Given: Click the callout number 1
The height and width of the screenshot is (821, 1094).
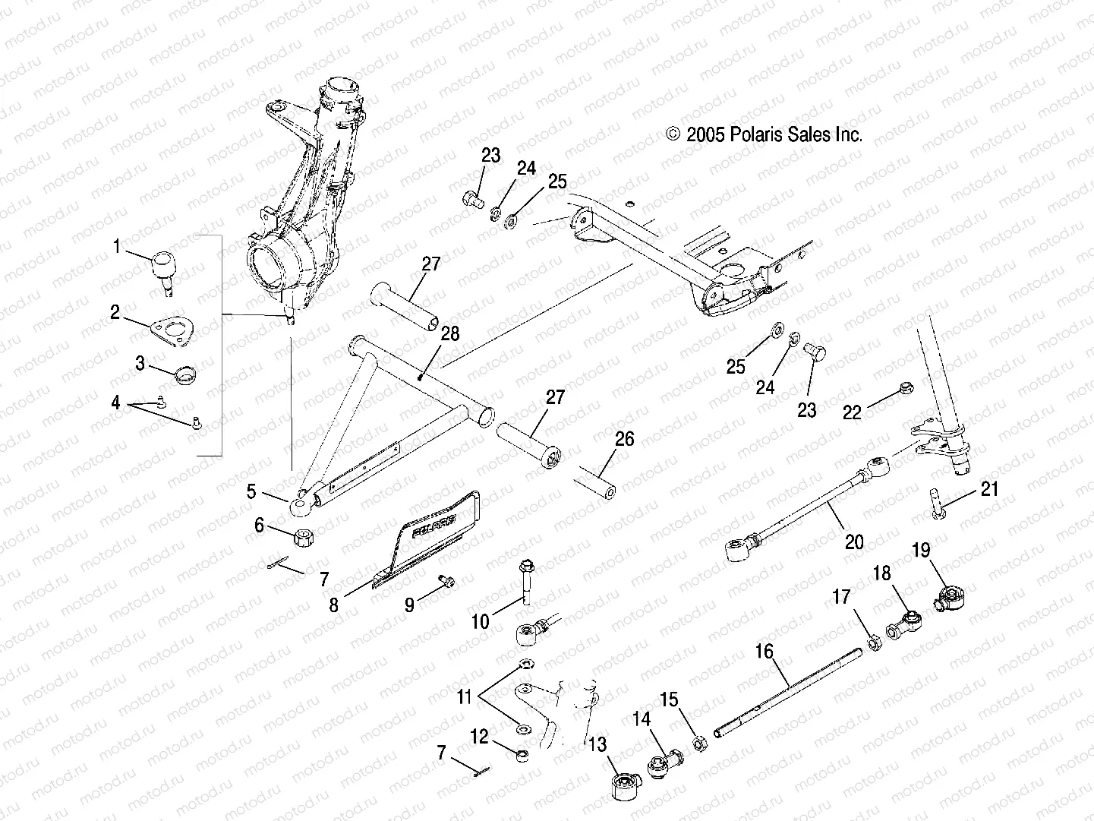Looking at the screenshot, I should (x=116, y=246).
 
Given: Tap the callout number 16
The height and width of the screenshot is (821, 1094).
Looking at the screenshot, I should (x=764, y=652).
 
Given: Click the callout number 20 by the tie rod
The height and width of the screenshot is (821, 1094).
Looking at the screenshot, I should (x=854, y=542).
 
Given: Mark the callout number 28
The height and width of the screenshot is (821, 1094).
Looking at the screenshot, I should (x=450, y=334).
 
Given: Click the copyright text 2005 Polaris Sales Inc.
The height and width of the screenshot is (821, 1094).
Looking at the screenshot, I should (x=765, y=135).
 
